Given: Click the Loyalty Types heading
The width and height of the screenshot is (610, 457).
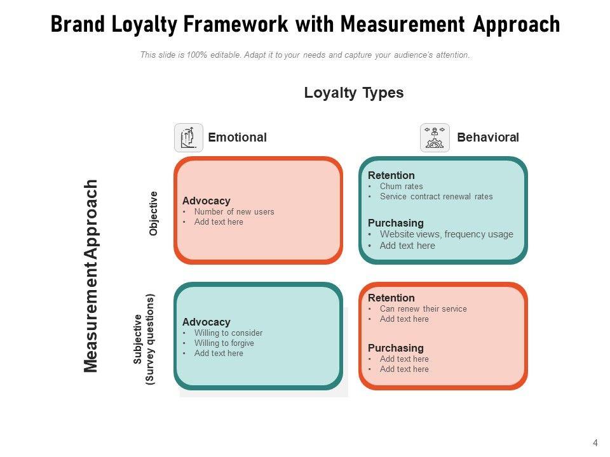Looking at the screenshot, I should tap(353, 93).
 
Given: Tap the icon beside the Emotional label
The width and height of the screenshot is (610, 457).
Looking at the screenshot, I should tap(189, 138).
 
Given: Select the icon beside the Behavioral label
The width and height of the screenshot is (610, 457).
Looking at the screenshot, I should tap(435, 138).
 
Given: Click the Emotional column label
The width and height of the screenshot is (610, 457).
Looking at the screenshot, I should tap(237, 138).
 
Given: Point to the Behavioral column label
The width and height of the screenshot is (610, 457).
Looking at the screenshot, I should tap(487, 138).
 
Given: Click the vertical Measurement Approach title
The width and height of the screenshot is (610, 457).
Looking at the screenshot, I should tap(91, 275).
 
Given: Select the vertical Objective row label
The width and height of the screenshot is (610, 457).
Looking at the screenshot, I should tap(153, 213).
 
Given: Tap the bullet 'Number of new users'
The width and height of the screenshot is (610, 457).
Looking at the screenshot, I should tap(234, 212).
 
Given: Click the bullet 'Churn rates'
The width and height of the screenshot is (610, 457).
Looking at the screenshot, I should tap(401, 187).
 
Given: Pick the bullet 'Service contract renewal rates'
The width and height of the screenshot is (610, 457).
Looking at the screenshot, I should tap(436, 197).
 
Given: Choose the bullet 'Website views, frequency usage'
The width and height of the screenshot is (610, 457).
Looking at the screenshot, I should tap(446, 234).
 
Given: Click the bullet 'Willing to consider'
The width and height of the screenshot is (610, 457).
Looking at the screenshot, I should tap(228, 333).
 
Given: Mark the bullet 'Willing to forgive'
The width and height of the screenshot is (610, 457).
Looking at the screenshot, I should tap(224, 343).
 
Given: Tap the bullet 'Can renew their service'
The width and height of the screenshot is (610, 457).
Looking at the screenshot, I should tap(423, 309).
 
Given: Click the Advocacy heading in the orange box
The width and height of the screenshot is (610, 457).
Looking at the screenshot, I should tap(206, 201).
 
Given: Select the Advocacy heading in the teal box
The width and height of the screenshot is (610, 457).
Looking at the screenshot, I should tap(206, 322).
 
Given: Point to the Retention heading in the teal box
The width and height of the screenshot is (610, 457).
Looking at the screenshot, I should tap(391, 175).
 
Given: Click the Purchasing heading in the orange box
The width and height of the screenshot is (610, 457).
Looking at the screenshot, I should tap(395, 348).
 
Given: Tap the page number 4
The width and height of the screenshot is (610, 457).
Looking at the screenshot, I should tap(595, 443).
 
